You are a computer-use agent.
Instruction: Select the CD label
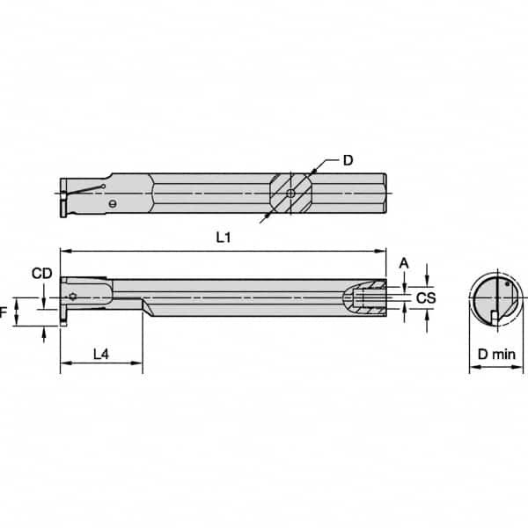click(40, 274)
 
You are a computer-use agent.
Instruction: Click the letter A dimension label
click(403, 262)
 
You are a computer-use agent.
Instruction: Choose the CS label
click(426, 299)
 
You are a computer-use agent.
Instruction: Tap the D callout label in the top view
click(348, 160)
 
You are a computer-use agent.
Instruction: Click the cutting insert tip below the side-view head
click(64, 323)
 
